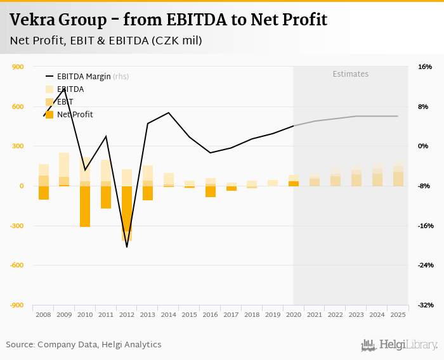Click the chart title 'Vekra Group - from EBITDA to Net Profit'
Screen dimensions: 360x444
pyautogui.click(x=168, y=20)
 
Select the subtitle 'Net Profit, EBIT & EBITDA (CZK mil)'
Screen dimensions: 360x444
pyautogui.click(x=106, y=41)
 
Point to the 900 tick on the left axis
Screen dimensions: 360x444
pyautogui.click(x=18, y=67)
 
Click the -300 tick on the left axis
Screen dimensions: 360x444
pyautogui.click(x=16, y=226)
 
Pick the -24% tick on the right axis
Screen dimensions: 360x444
pyautogui.click(x=424, y=266)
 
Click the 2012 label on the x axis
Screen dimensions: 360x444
pyautogui.click(x=127, y=314)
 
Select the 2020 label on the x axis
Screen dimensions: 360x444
pyautogui.click(x=294, y=314)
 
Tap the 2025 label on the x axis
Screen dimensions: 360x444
pyautogui.click(x=398, y=314)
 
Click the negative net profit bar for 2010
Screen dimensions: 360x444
pyautogui.click(x=85, y=206)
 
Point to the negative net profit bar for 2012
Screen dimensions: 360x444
pyautogui.click(x=127, y=213)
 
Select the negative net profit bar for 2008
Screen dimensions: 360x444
pyautogui.click(x=44, y=193)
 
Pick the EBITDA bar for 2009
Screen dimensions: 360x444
pyautogui.click(x=64, y=165)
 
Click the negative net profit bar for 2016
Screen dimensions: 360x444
pyautogui.click(x=210, y=191)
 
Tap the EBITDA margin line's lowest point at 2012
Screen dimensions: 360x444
pyautogui.click(x=127, y=247)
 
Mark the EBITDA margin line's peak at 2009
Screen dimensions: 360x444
pyautogui.click(x=64, y=89)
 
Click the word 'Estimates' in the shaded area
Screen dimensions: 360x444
pyautogui.click(x=351, y=74)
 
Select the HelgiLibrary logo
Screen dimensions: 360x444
pyautogui.click(x=400, y=345)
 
